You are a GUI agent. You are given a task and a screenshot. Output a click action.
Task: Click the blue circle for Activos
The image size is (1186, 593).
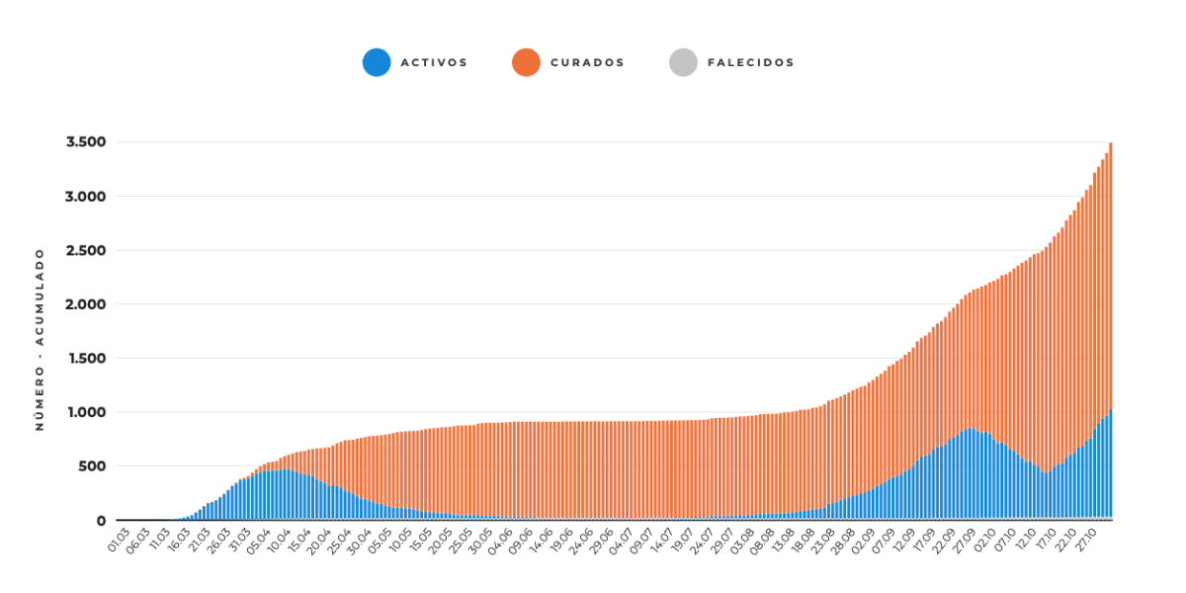point(377,62)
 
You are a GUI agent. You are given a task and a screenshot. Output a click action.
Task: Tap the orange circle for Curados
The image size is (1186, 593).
point(526,62)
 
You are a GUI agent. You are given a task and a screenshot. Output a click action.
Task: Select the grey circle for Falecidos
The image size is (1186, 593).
point(683,62)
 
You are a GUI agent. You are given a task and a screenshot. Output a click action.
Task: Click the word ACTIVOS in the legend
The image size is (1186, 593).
point(434,62)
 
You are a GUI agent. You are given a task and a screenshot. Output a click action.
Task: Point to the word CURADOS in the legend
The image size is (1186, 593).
point(588,62)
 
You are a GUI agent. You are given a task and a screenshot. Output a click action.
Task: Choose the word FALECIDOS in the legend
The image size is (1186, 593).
point(751,62)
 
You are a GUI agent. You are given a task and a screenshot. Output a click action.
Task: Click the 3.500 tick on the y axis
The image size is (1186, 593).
point(86,142)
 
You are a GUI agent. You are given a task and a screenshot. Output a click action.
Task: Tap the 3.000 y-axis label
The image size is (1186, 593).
point(86,197)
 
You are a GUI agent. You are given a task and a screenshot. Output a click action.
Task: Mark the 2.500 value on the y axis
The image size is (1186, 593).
point(86,250)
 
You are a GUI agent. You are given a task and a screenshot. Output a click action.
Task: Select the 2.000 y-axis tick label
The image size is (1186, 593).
point(86,304)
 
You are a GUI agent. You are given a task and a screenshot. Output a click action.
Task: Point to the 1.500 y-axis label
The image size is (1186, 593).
point(87,359)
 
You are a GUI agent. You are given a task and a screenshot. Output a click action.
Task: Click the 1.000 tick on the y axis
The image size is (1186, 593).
point(87,412)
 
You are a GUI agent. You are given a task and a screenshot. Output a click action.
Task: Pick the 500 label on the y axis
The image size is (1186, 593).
point(93,466)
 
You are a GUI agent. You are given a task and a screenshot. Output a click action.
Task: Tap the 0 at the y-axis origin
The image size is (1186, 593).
point(101,521)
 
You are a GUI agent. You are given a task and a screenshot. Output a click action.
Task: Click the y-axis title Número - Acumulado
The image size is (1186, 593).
point(40,339)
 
